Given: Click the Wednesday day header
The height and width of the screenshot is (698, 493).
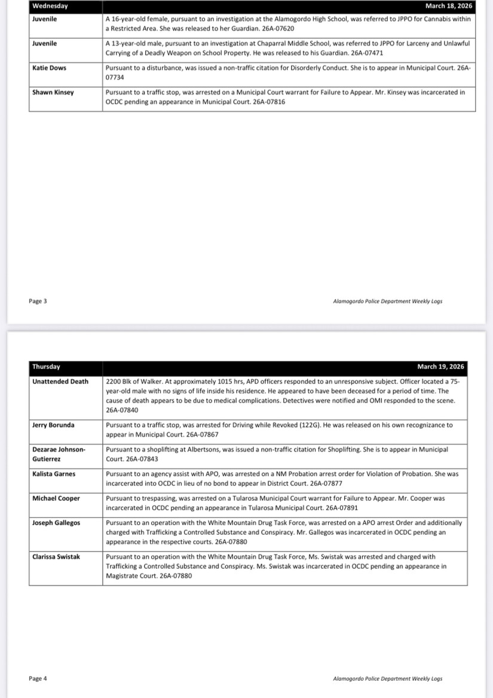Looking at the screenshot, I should point(50,6).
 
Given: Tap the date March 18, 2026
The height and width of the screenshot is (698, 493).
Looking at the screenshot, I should point(448,6).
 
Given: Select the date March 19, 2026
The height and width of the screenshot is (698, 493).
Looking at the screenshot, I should point(440,367).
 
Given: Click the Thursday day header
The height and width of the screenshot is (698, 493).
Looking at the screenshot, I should point(46,367).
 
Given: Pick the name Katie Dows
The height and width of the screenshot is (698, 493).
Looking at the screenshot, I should point(49,68).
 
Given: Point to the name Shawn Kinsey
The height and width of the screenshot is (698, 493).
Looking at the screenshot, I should point(53,93).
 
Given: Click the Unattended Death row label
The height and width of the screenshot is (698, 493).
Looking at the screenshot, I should point(60,382).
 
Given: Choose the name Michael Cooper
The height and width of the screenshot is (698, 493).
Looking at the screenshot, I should point(56,498).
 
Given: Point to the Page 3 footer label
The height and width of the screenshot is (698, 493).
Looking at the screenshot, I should point(38,301).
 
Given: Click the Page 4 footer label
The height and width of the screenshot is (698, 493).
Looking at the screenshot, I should point(38,678).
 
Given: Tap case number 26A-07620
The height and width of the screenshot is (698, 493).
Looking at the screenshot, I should point(278,29).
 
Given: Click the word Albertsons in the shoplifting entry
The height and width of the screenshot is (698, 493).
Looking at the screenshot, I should point(212,449).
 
